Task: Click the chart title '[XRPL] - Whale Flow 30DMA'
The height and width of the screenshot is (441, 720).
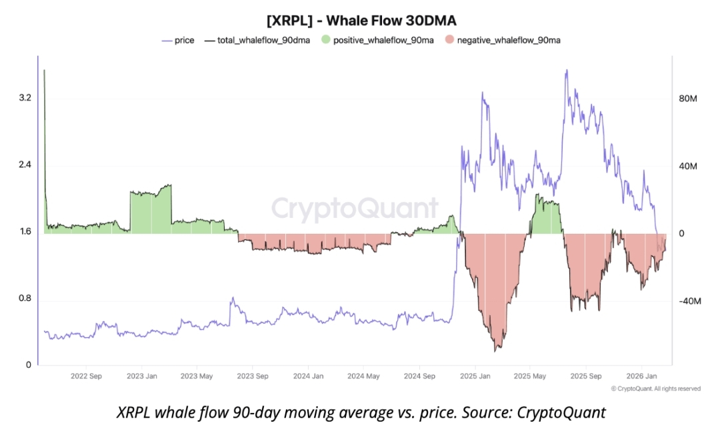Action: [361, 20]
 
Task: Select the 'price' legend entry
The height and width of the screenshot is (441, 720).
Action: [184, 41]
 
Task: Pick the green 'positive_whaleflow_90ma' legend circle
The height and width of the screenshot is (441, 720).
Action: [326, 41]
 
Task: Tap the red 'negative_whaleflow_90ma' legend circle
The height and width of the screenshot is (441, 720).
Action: [450, 41]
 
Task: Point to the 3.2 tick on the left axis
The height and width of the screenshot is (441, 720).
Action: [26, 98]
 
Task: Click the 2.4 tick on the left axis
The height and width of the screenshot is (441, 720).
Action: [26, 165]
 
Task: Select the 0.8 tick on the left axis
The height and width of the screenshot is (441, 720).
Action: [26, 299]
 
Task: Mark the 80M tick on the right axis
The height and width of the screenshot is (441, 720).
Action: [687, 99]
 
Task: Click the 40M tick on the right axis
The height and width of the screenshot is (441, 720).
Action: [687, 166]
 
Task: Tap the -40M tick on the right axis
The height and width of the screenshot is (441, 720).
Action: [689, 301]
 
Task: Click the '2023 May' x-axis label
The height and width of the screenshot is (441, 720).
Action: [199, 376]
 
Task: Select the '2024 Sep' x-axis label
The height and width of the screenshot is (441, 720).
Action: [420, 376]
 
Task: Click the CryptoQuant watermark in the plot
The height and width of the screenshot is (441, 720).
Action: [355, 209]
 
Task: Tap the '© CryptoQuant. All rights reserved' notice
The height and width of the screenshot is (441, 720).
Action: [655, 388]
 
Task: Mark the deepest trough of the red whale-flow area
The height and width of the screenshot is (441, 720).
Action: [496, 349]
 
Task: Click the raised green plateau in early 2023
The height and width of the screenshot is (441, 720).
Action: [151, 212]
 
